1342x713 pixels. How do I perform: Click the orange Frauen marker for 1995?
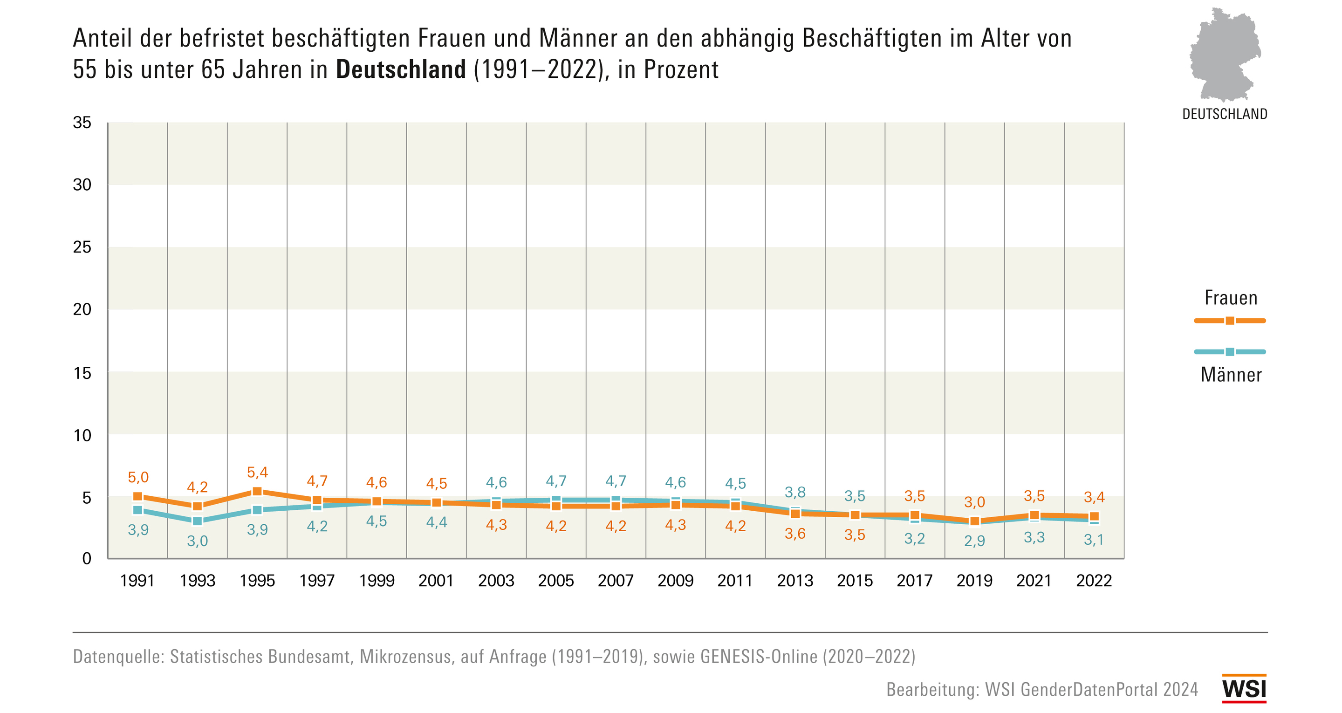click(x=257, y=492)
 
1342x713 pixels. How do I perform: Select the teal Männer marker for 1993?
click(x=198, y=521)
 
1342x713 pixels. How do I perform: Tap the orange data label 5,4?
click(x=257, y=473)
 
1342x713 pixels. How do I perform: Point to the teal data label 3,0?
click(x=198, y=541)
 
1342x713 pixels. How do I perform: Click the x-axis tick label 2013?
click(x=795, y=581)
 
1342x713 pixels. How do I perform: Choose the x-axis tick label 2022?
click(x=1094, y=581)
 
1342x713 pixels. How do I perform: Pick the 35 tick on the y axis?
click(x=82, y=123)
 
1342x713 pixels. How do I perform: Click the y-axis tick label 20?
click(x=82, y=309)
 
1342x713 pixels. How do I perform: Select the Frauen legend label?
click(x=1231, y=298)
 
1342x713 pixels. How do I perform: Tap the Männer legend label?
click(x=1231, y=375)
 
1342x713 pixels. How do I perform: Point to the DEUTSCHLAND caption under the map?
click(x=1225, y=114)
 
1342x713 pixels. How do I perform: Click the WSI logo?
click(x=1244, y=688)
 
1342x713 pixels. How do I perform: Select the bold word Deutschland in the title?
click(x=401, y=70)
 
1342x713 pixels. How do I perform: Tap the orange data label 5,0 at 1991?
click(x=138, y=477)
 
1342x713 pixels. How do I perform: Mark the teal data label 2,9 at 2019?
click(x=974, y=541)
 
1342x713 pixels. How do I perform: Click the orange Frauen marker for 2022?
click(x=1094, y=516)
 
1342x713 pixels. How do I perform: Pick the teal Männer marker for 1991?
click(x=137, y=510)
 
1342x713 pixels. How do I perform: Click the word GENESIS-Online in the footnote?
click(x=759, y=657)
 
